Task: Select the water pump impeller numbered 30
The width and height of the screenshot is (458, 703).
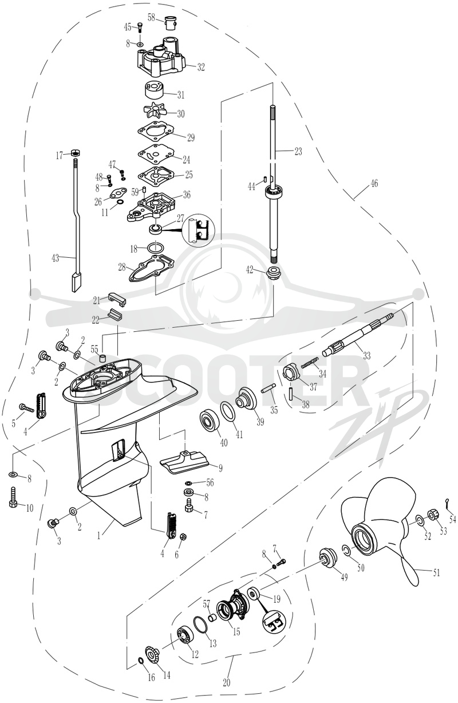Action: click(x=155, y=111)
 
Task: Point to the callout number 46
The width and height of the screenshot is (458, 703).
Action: click(x=374, y=183)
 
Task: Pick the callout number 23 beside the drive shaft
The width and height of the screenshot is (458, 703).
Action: click(x=298, y=151)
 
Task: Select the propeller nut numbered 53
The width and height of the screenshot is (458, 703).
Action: click(x=434, y=514)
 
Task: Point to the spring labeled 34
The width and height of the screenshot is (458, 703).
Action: click(x=310, y=363)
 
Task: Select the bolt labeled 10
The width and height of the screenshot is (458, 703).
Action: click(x=13, y=497)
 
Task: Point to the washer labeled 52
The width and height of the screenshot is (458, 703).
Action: click(x=420, y=519)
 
